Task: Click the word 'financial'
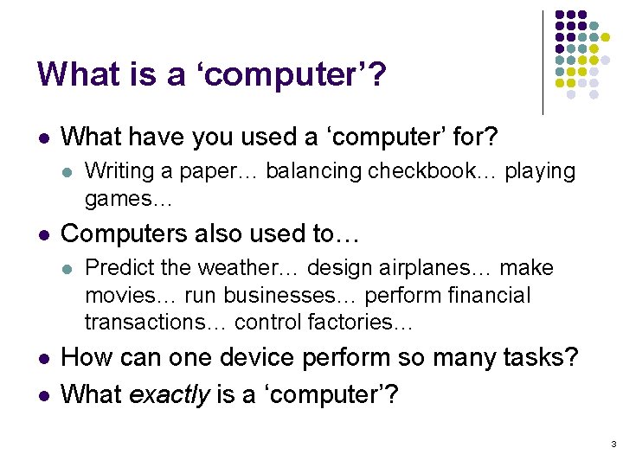click(485, 295)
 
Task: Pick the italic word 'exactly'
click(170, 394)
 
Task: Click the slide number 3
click(613, 445)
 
